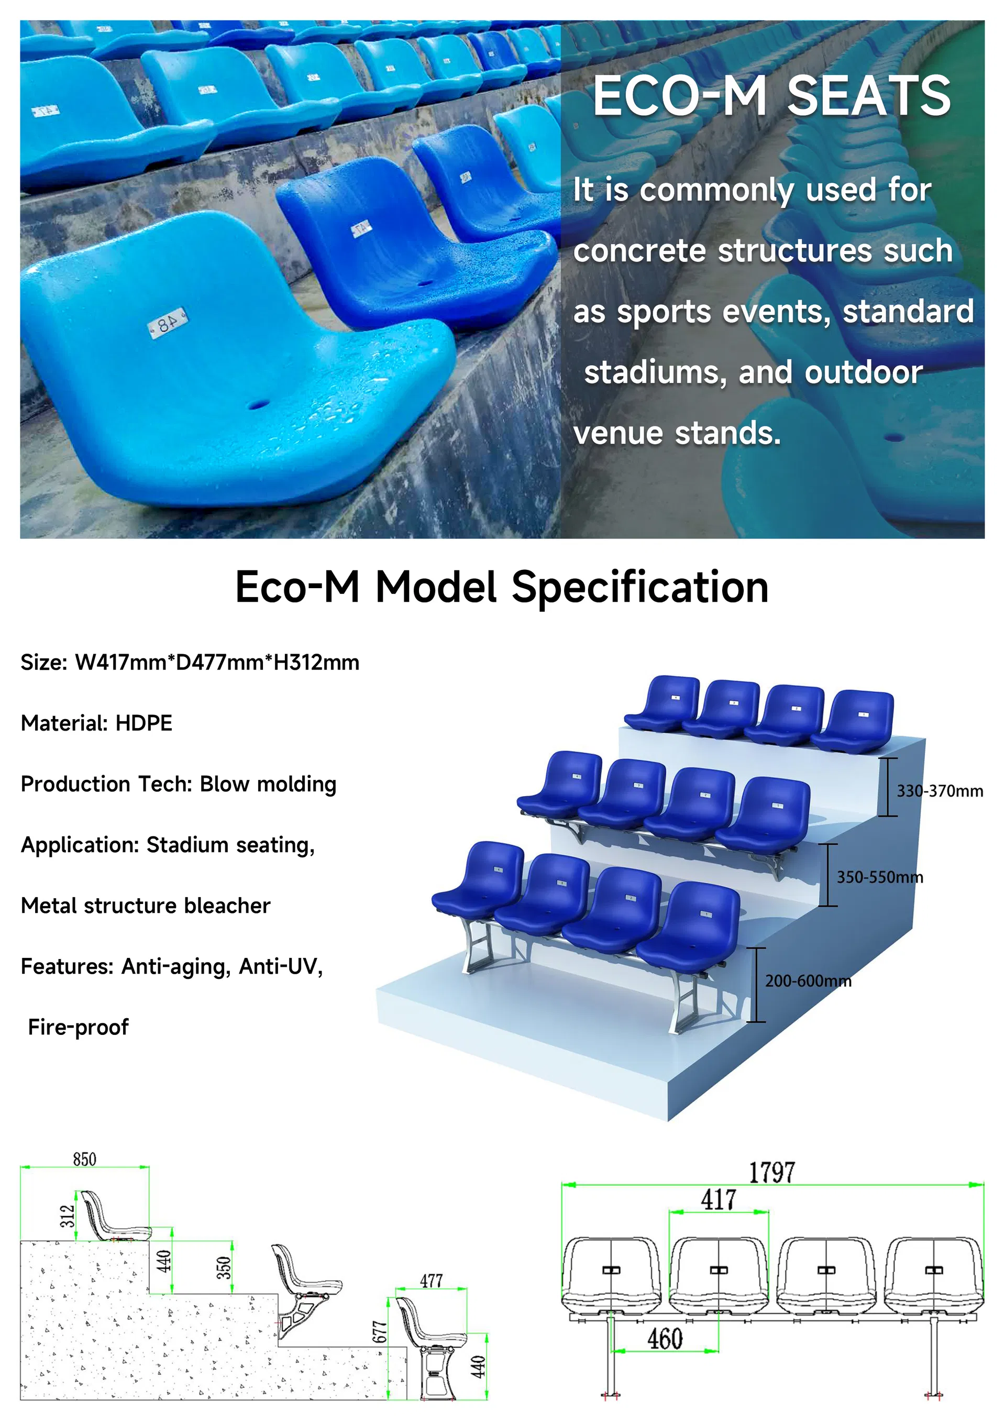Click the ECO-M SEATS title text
coord(771,96)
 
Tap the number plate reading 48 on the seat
coord(168,323)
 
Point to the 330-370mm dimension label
coord(940,791)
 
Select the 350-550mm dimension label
coord(879,877)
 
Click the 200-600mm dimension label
coord(808,980)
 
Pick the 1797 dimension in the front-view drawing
coord(771,1172)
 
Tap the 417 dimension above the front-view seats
coord(719,1199)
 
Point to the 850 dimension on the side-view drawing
coord(84,1159)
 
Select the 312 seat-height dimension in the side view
coord(67,1215)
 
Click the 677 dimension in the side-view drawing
coord(379,1332)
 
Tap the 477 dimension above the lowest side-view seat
coord(431,1280)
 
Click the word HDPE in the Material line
coord(143,723)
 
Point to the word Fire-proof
coord(78,1027)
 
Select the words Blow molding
coord(268,784)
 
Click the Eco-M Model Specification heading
coord(502,587)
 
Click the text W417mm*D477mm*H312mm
coord(217,662)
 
